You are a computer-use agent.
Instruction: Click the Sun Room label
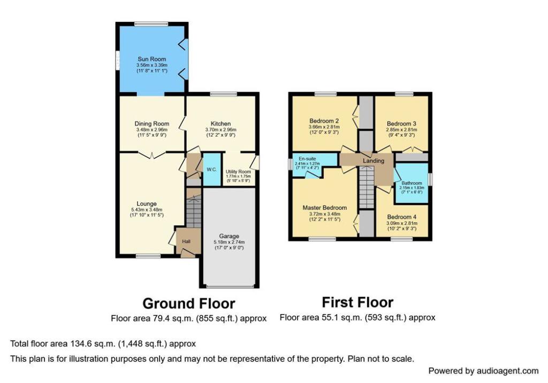[x=151, y=59]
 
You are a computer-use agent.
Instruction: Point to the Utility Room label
[x=239, y=171]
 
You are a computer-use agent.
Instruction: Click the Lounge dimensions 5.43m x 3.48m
[x=146, y=210]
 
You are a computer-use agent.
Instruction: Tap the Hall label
[x=186, y=241]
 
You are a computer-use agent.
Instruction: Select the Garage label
[x=229, y=236]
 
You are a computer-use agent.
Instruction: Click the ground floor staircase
[x=193, y=211]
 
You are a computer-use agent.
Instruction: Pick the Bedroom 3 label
[x=401, y=123]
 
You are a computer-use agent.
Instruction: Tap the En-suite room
[x=307, y=159]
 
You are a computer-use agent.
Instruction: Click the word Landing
[x=374, y=160]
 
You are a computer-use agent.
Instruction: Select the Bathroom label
[x=411, y=183]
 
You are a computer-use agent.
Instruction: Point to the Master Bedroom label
[x=324, y=208]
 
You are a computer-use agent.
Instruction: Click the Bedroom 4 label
[x=401, y=217]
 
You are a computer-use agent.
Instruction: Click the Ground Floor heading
[x=188, y=303]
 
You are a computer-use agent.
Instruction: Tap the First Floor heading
[x=357, y=302]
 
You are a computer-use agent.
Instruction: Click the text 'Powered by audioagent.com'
[x=483, y=371]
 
